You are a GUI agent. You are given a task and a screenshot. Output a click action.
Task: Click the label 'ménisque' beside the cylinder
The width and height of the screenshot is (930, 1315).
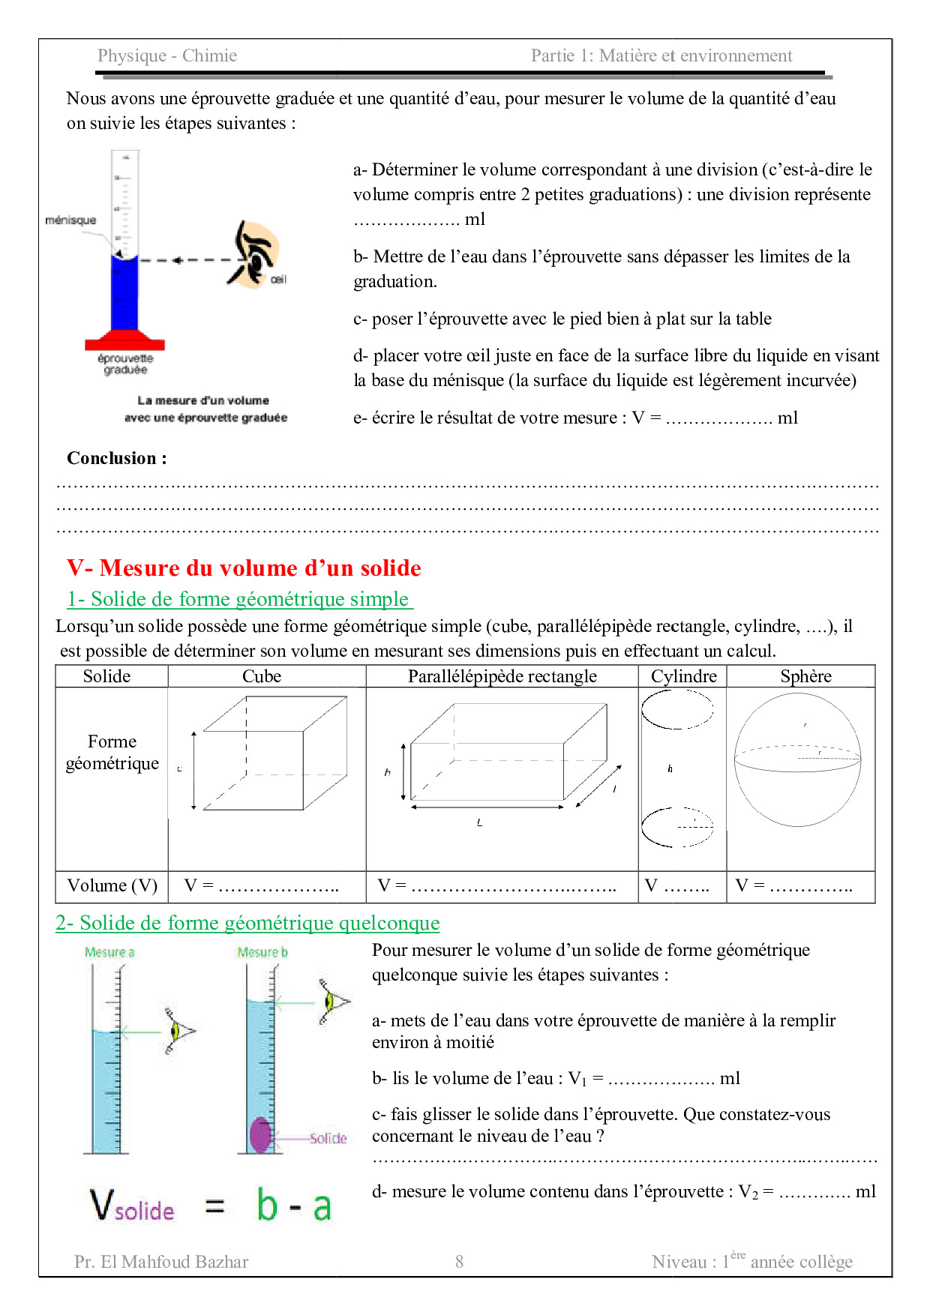coord(70,220)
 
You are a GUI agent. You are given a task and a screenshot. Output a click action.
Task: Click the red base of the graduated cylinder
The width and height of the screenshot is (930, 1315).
coord(124,341)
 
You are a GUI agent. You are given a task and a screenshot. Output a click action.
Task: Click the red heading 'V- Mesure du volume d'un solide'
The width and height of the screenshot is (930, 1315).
coord(244,568)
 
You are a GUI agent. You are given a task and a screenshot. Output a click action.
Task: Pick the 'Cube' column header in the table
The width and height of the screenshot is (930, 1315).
coord(262,676)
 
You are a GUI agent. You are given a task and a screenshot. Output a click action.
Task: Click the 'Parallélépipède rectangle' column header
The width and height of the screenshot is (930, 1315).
coord(502,676)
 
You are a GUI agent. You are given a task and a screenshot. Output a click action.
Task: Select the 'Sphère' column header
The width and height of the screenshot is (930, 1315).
coord(805,676)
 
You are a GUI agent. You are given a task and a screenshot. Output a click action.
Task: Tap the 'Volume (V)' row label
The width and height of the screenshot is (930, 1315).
coord(112,886)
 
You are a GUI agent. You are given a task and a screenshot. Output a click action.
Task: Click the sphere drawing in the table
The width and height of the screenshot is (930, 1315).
coord(797,759)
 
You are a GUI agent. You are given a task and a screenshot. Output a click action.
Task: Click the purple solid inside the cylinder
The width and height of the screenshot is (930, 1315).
coord(260,1134)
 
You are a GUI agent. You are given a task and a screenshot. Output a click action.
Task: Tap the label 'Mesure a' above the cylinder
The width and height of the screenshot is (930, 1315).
coord(109,953)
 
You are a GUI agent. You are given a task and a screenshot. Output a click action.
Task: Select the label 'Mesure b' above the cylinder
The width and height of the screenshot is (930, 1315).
coord(262,953)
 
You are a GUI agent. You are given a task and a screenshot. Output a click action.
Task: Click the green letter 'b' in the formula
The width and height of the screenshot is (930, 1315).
coord(267,1205)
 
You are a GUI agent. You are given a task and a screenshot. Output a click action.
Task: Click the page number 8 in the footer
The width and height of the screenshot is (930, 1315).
coord(459,1262)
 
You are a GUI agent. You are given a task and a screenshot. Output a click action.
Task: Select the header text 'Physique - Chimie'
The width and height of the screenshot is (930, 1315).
coord(167,56)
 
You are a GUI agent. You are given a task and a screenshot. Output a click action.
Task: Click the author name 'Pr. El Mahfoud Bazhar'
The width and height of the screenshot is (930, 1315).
coord(161,1262)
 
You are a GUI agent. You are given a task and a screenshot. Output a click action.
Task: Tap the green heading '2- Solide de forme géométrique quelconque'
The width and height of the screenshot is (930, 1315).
coord(247,923)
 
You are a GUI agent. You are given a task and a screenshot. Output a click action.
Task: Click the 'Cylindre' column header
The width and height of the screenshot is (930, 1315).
coord(683,676)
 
